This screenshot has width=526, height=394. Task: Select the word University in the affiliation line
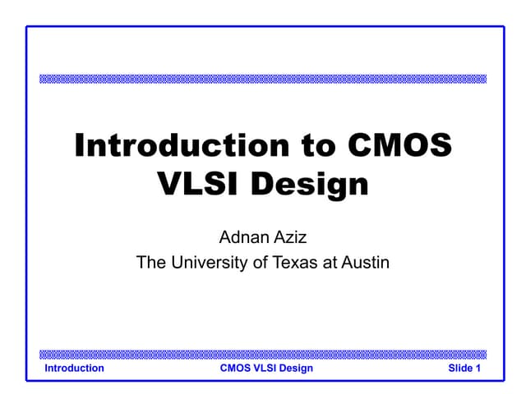point(205,263)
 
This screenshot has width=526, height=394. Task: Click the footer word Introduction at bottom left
point(74,369)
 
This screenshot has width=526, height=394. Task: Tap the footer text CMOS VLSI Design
point(266,369)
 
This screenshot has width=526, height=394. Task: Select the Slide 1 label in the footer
point(464,369)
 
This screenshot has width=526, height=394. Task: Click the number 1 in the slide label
point(478,369)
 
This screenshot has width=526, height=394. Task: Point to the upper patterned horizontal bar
point(263,79)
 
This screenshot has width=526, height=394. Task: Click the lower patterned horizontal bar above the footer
point(263,355)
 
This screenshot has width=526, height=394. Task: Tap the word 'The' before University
point(150,263)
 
